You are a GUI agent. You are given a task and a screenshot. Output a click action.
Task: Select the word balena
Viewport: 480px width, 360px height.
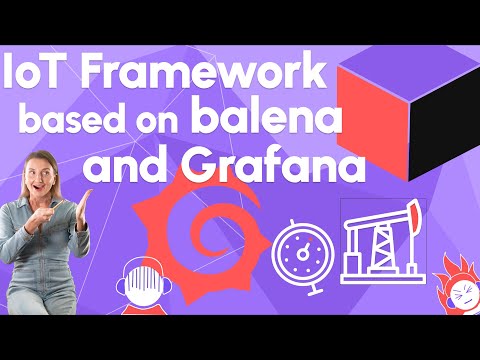pyautogui.click(x=271, y=122)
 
